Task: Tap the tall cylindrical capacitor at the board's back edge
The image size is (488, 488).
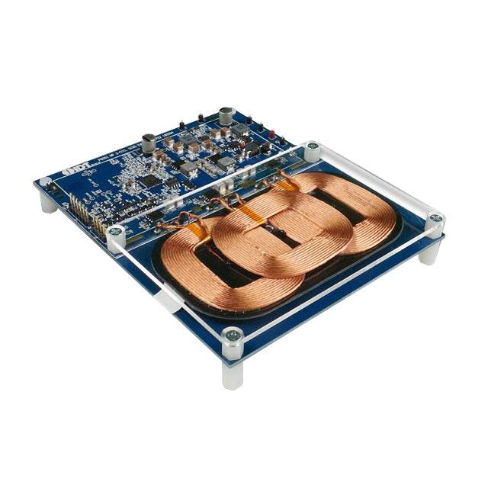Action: pyautogui.click(x=226, y=116)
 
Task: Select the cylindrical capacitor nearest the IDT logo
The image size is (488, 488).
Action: pyautogui.click(x=149, y=141)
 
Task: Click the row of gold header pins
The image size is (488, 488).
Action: pyautogui.click(x=85, y=211)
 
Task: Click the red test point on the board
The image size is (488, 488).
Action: pyautogui.click(x=200, y=115)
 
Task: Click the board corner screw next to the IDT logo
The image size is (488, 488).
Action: pyautogui.click(x=45, y=182)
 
